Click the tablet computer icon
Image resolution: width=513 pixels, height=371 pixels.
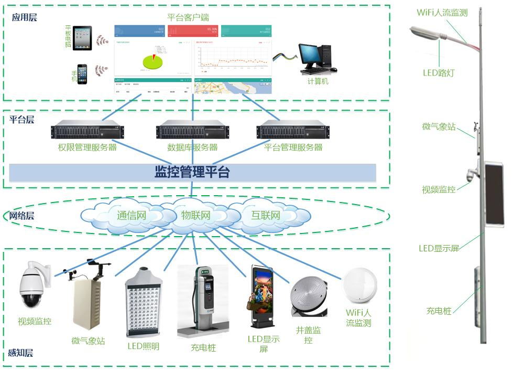coord(82,38)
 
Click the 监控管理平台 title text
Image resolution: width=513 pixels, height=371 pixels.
coord(192,172)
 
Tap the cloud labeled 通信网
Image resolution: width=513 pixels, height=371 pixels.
coord(131,215)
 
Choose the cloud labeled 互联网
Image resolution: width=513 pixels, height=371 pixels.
coord(266,215)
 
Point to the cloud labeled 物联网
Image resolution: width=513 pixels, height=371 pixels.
coord(196,215)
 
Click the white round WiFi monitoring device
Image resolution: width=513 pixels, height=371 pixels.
coord(359,286)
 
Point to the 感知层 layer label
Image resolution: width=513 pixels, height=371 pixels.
coord(21,353)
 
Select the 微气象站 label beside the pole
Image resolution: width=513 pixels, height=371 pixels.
coord(439,126)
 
